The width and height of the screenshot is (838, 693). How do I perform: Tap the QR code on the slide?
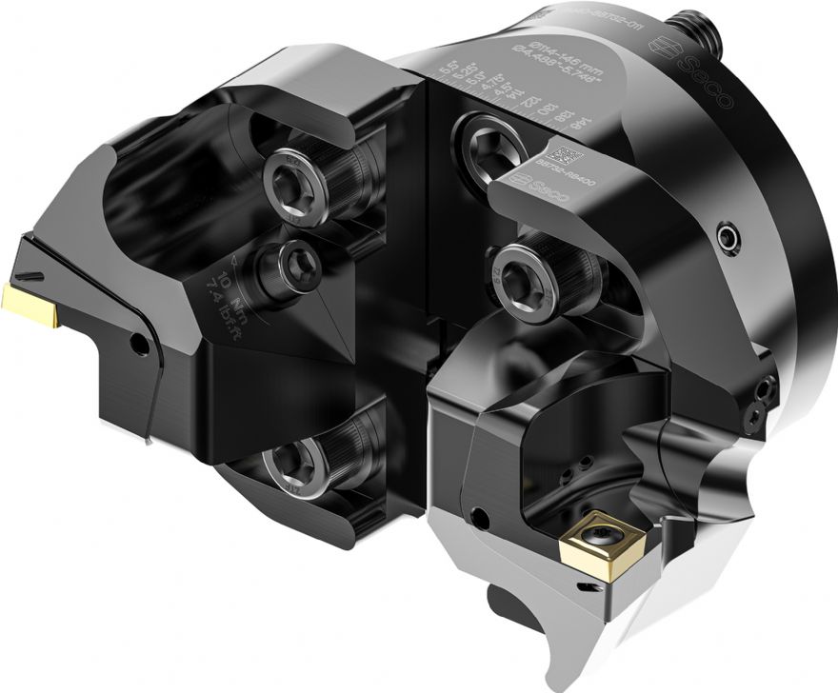coord(567,155)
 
